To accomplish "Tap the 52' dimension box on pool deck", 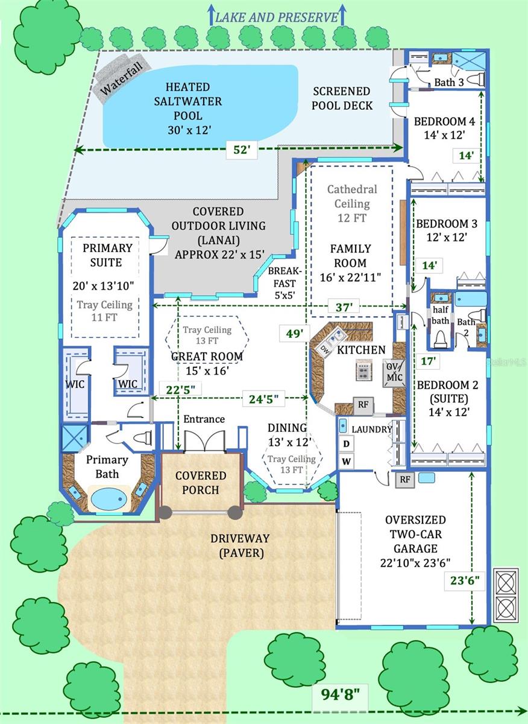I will pos(241,150).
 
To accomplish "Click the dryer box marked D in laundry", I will pos(347,443).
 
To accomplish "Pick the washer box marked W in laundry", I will pos(347,462).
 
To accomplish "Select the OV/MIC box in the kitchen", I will pos(395,372).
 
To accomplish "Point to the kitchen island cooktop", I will pos(363,371).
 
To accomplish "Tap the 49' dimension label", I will pos(294,333).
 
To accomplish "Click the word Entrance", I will pos(204,419).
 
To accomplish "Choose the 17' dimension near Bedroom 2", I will pos(428,361).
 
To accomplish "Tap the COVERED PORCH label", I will pos(201,483).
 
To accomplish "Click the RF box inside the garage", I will pos(404,480).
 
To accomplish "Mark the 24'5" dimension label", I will pos(263,398).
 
